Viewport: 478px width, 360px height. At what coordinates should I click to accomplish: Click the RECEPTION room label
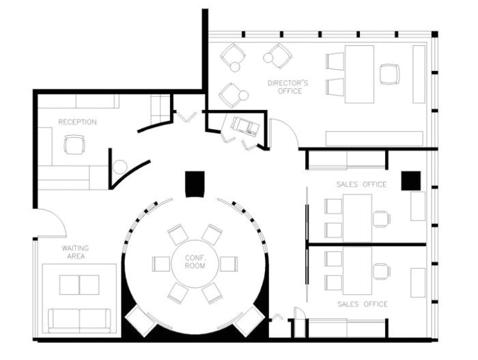[77, 122]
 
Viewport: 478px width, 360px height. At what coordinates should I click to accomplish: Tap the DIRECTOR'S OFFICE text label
[287, 87]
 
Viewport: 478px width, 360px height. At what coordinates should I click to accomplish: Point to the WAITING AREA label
[75, 252]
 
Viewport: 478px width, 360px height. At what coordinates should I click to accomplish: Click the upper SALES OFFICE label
[361, 184]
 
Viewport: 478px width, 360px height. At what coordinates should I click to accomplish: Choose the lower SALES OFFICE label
[361, 304]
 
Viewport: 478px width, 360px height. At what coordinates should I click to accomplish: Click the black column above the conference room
[195, 183]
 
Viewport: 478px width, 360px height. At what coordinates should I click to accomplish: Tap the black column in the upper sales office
[410, 180]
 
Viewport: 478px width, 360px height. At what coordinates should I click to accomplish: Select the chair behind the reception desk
[74, 145]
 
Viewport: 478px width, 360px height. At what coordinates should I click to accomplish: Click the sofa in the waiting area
[79, 320]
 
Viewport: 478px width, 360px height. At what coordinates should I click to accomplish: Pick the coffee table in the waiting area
[79, 285]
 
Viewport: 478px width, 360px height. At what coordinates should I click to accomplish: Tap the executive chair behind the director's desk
[389, 74]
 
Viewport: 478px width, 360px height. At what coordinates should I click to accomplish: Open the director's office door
[283, 133]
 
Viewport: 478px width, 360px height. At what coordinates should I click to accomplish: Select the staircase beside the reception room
[160, 109]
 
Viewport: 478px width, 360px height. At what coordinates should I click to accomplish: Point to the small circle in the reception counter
[119, 166]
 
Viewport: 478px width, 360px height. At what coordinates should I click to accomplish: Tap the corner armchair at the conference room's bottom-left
[141, 320]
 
